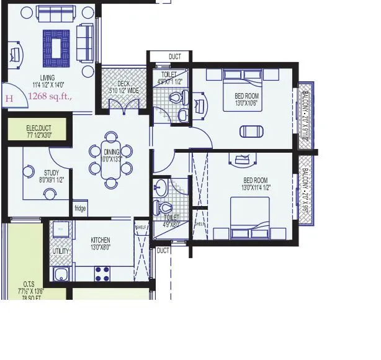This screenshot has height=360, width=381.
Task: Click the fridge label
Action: coord(80,209)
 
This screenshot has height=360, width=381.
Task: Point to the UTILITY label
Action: coord(61,250)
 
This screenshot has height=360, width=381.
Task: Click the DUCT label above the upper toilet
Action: coord(176,57)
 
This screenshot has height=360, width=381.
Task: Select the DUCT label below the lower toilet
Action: coord(163,251)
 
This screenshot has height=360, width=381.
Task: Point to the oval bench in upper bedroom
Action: coord(251,131)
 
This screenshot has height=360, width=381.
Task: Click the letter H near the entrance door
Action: coord(9,97)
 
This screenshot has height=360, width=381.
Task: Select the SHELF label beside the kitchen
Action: coord(140,227)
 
